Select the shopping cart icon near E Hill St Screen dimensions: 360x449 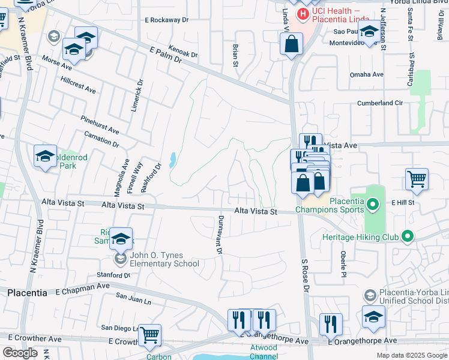pyautogui.click(x=417, y=178)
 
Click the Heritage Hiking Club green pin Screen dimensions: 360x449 pyautogui.click(x=408, y=237)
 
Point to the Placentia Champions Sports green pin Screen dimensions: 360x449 pyautogui.click(x=373, y=205)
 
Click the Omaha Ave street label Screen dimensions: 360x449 pyautogui.click(x=366, y=75)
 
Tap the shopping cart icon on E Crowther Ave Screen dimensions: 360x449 pyautogui.click(x=150, y=335)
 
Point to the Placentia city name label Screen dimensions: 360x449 pyautogui.click(x=27, y=293)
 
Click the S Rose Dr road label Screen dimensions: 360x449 pyautogui.click(x=305, y=276)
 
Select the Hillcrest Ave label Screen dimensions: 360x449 pyautogui.click(x=78, y=85)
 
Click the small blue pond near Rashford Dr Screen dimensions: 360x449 pyautogui.click(x=173, y=160)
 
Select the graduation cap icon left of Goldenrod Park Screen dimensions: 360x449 pyautogui.click(x=45, y=156)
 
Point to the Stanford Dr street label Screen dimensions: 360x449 pyautogui.click(x=113, y=275)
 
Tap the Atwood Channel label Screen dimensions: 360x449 pyautogui.click(x=264, y=352)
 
